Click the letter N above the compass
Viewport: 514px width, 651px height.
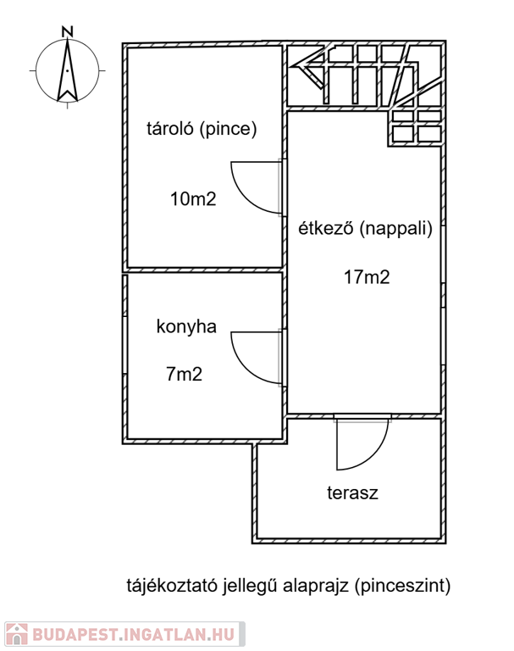click(x=68, y=31)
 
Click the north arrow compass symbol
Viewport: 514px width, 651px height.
click(x=68, y=71)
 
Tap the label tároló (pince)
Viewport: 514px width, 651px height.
click(x=202, y=130)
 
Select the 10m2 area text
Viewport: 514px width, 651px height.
click(x=193, y=200)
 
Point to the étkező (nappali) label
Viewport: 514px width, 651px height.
click(x=365, y=228)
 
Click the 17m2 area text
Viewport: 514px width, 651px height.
click(x=367, y=277)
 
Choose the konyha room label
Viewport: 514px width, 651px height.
click(x=186, y=326)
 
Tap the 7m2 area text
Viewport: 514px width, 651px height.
click(x=184, y=374)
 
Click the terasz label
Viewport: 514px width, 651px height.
click(x=352, y=492)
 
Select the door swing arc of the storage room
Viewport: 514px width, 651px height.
click(x=254, y=188)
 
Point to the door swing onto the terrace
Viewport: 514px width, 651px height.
click(x=360, y=445)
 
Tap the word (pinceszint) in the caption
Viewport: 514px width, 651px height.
click(x=403, y=585)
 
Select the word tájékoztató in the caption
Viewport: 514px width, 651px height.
click(x=170, y=585)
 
